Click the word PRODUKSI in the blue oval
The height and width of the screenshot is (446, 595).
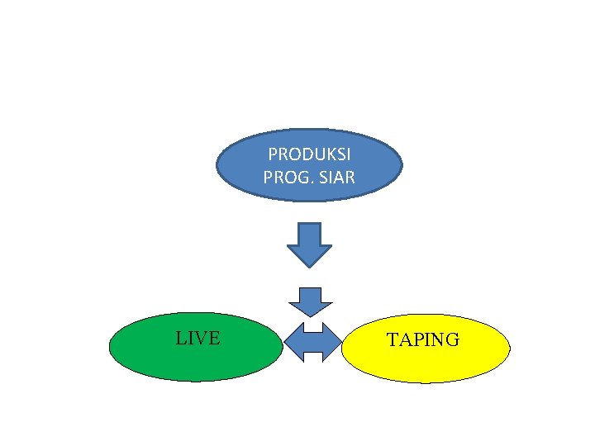click(309, 155)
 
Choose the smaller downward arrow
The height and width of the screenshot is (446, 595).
click(309, 301)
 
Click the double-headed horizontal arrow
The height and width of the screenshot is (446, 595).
click(312, 341)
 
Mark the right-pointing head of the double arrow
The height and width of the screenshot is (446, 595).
click(331, 341)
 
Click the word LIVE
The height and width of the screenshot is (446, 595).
click(198, 338)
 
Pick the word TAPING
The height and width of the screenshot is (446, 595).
click(423, 340)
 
